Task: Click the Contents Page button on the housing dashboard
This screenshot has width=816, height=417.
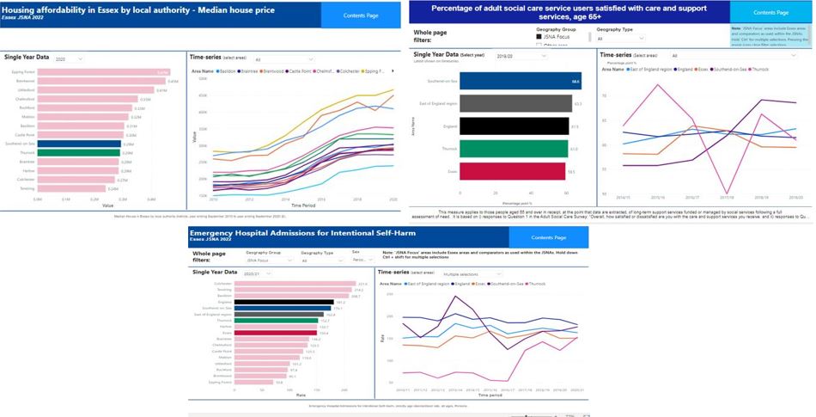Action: coord(361,14)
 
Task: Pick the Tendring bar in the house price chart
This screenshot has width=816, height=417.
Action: coord(74,188)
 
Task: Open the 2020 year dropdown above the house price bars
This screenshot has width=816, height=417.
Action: coord(67,59)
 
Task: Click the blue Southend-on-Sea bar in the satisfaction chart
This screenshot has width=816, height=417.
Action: coord(521,82)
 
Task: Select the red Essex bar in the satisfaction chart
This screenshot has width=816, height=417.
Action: coord(513,171)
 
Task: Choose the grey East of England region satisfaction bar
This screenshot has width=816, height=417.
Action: coord(516,104)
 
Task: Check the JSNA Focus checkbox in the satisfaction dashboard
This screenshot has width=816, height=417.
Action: coord(539,38)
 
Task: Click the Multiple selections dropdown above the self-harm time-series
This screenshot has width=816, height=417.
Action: coord(472,274)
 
